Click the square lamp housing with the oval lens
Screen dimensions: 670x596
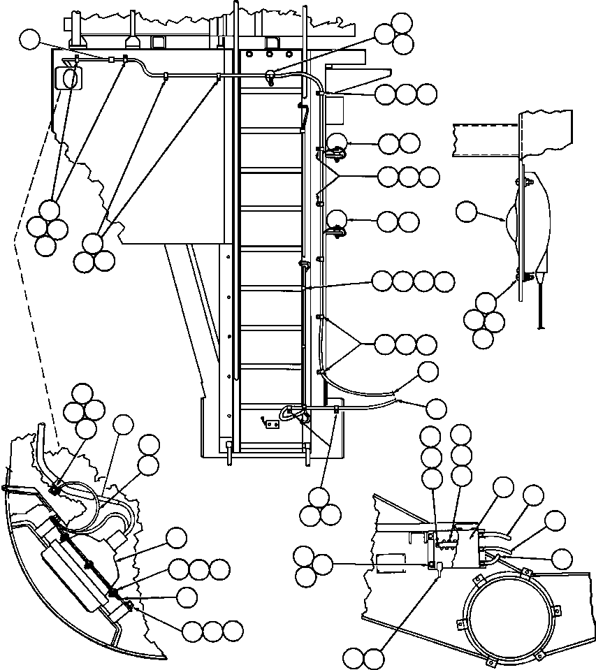[x=68, y=76]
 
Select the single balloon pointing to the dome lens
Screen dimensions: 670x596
[x=467, y=212]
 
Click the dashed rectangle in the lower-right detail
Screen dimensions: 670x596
[x=391, y=564]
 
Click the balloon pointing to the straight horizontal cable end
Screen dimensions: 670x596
[x=436, y=408]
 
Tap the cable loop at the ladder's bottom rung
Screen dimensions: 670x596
[x=292, y=414]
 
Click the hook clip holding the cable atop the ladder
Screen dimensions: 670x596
[x=270, y=76]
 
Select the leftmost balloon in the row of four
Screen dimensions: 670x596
[x=382, y=282]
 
